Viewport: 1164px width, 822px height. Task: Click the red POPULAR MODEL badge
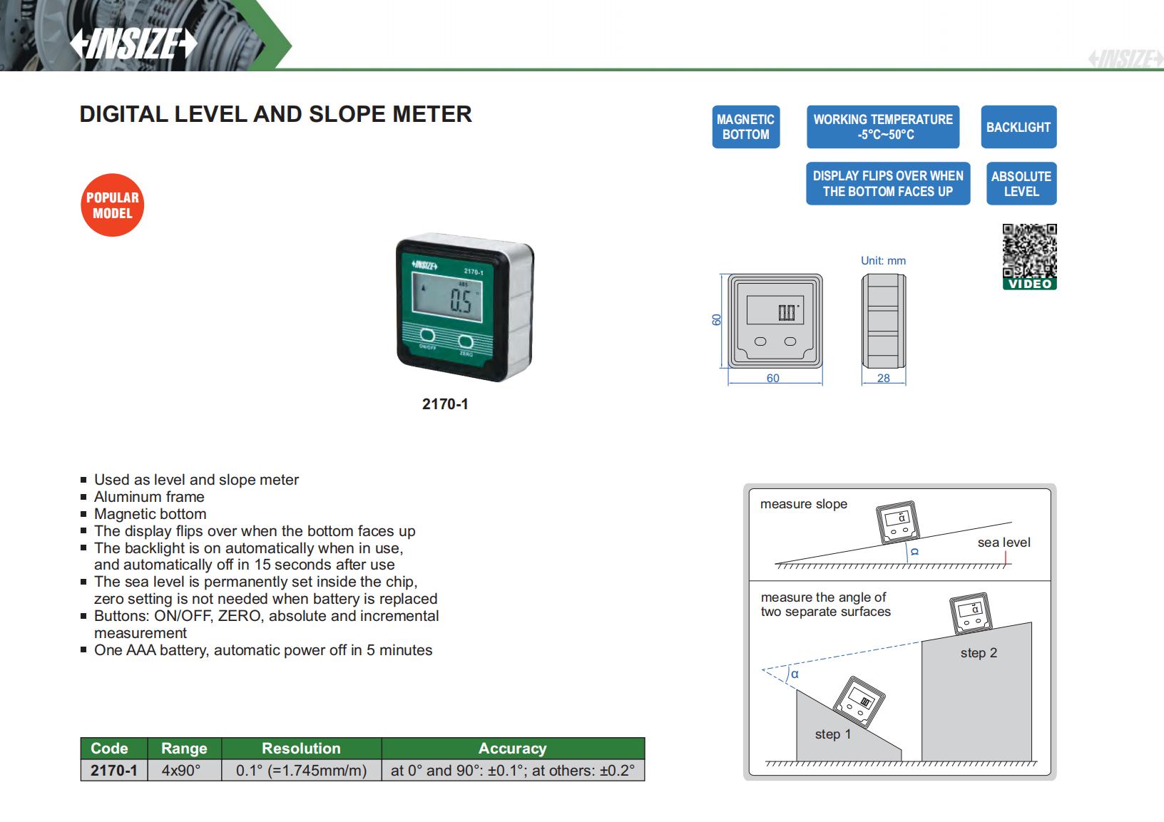(x=112, y=205)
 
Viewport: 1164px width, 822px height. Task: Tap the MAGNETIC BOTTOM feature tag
(x=745, y=127)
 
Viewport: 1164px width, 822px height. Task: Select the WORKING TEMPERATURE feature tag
(x=883, y=127)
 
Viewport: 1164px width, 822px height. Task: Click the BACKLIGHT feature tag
(x=1018, y=127)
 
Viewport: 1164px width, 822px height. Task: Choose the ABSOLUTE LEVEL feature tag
(x=1021, y=184)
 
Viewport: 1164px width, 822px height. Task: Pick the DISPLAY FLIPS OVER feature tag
(x=887, y=184)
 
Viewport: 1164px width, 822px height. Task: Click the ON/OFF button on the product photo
(x=428, y=336)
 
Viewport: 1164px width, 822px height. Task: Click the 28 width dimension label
(x=883, y=379)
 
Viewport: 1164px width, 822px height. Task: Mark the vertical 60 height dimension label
(x=717, y=320)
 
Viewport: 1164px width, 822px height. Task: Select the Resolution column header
(x=301, y=749)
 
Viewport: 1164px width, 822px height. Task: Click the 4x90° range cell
(x=181, y=771)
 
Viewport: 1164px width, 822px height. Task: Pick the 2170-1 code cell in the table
(x=114, y=771)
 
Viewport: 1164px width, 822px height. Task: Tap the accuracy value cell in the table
(x=512, y=771)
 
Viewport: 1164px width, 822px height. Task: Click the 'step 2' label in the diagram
(x=979, y=653)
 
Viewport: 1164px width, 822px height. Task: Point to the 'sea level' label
(x=1004, y=543)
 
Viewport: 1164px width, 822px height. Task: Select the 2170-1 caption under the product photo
(x=445, y=404)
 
